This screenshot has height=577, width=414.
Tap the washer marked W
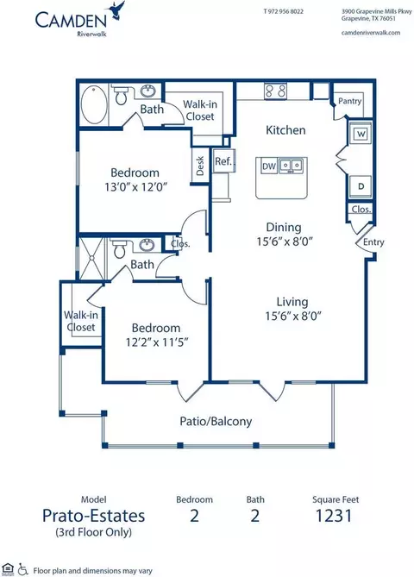(361, 134)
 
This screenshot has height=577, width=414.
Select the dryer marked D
(361, 186)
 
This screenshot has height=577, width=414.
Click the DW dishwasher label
(269, 166)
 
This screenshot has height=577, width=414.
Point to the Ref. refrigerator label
(223, 161)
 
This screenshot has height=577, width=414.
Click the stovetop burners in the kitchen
(275, 91)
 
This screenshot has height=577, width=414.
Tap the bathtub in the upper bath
(94, 104)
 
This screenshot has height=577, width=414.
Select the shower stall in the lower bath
(91, 259)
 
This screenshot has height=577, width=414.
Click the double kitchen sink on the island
(291, 165)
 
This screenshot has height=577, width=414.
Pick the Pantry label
(349, 101)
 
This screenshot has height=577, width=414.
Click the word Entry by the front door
(373, 242)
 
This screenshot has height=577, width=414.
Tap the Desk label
(200, 166)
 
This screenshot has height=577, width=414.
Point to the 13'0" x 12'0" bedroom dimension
(136, 187)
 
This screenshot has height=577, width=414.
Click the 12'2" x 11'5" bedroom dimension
(157, 342)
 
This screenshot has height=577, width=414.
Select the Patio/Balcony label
(216, 421)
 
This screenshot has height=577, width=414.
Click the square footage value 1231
(334, 516)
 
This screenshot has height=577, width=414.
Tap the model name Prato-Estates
(93, 516)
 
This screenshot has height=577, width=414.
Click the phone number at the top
(284, 11)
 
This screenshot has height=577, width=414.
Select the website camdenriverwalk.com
(371, 33)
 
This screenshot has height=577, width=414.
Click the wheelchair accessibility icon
(23, 569)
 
